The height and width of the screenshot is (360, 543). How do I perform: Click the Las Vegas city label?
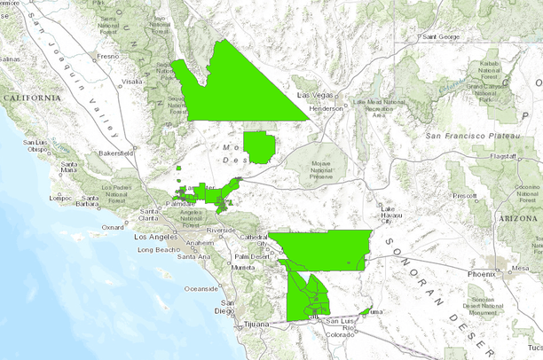click(x=313, y=94)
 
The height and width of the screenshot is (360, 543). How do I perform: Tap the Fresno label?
click(x=108, y=56)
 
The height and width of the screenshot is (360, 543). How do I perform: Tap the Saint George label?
click(x=440, y=37)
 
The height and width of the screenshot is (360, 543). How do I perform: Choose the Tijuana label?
click(x=256, y=324)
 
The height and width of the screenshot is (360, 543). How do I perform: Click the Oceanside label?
click(x=201, y=289)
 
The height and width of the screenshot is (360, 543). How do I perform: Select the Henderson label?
click(x=326, y=108)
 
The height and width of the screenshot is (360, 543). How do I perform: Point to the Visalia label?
click(x=132, y=81)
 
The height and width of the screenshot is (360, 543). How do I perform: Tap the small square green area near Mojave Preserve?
click(x=260, y=147)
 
